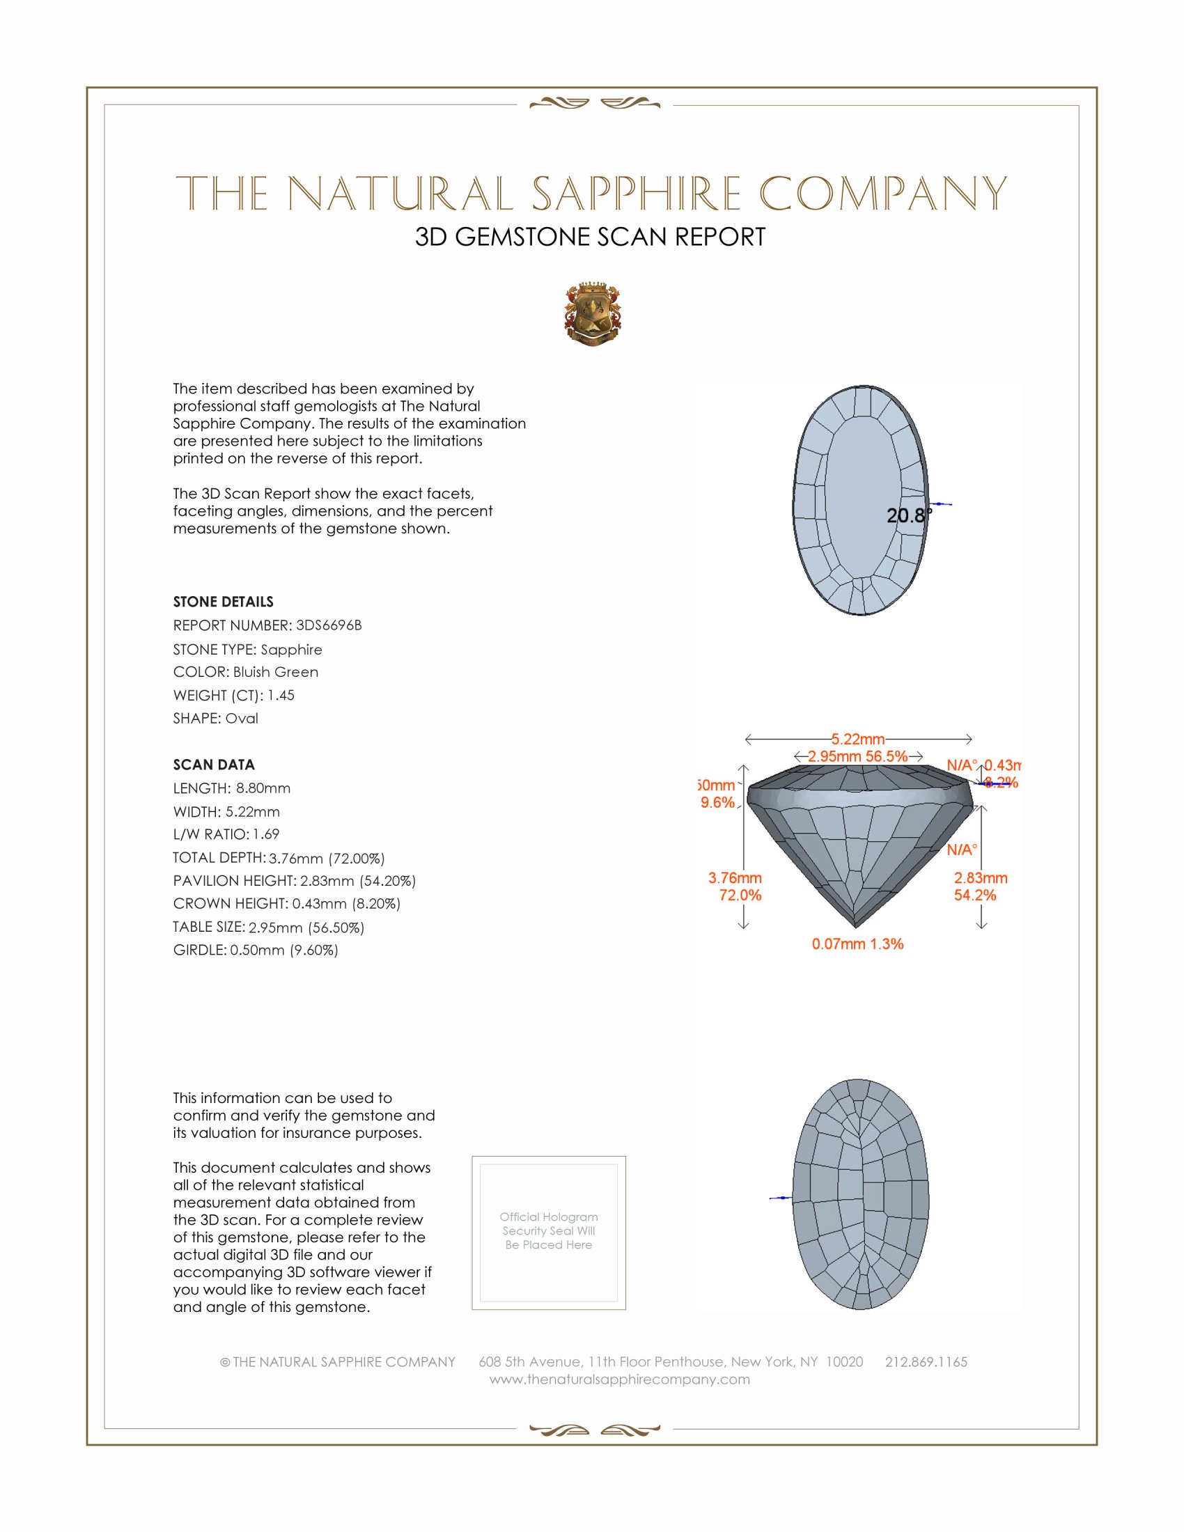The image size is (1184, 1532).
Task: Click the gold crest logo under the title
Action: pos(592,314)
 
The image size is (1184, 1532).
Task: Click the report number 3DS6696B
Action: pos(328,625)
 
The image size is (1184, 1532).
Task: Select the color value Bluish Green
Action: pos(276,672)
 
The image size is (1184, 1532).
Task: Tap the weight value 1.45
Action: pos(281,695)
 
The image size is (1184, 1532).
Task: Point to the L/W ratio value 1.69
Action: pos(266,834)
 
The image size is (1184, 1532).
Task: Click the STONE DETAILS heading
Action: pos(223,602)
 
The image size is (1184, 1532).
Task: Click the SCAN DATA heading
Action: pos(214,765)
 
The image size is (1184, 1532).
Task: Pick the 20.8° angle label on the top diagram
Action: pos(908,515)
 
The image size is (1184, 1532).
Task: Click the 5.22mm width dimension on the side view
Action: pos(858,740)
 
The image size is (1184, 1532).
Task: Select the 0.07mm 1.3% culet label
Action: pos(857,944)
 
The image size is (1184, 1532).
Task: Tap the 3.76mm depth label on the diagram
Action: pos(734,878)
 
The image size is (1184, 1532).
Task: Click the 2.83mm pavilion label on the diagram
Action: pos(980,878)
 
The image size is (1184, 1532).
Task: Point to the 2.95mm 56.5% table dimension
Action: pos(857,756)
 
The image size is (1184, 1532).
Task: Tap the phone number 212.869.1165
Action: pos(926,1361)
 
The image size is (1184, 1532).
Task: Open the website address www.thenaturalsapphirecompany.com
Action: pos(619,1379)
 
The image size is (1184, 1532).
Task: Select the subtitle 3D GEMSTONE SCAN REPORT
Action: pos(590,237)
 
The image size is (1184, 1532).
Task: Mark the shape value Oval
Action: pos(241,719)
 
